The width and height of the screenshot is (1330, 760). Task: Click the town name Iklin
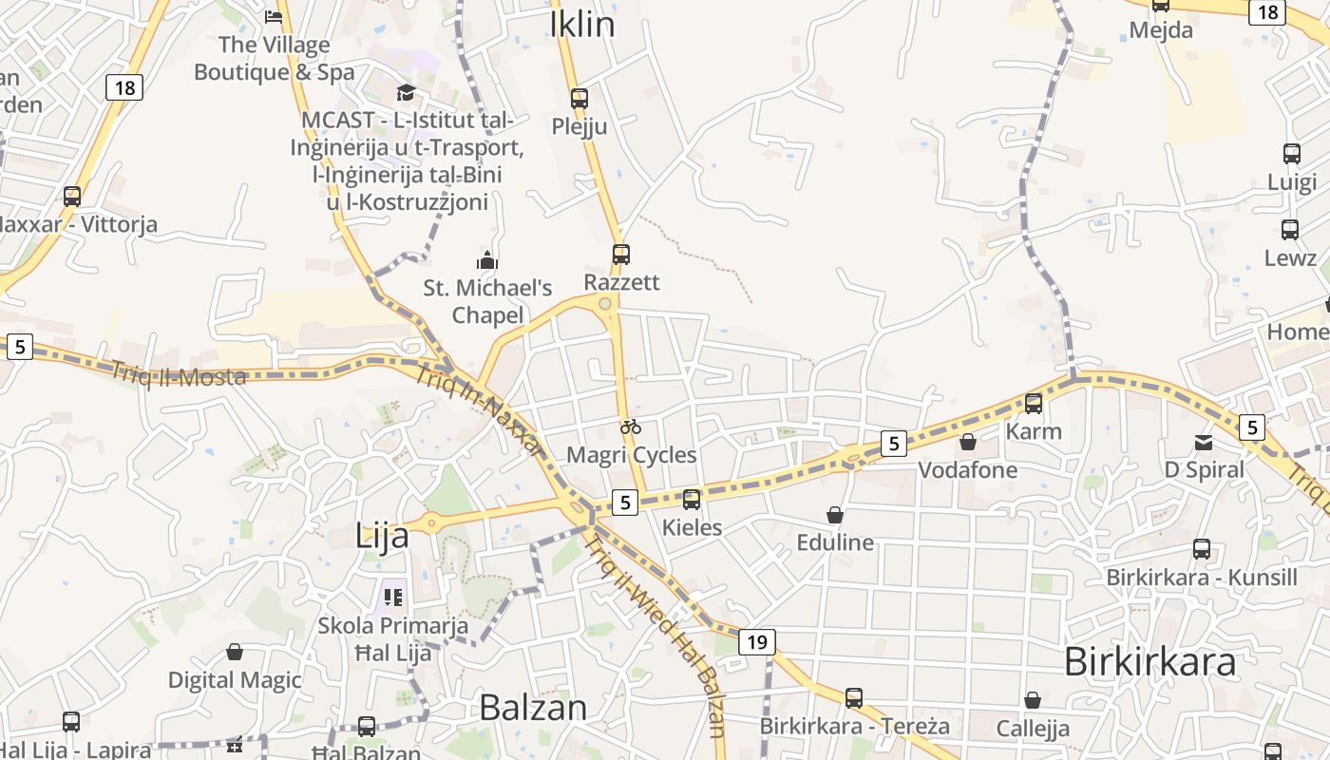(582, 25)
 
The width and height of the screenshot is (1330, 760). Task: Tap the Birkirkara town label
(1149, 661)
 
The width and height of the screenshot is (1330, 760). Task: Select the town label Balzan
(533, 707)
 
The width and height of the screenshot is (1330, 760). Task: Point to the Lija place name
(382, 536)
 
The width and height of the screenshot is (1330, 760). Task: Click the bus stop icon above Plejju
(579, 98)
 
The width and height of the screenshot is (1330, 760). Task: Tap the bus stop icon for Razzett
(620, 254)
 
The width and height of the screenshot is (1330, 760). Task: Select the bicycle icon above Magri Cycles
(631, 427)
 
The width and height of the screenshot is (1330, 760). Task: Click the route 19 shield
(756, 642)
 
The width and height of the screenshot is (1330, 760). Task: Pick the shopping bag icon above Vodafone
(967, 442)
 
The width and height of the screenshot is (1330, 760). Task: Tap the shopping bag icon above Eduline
(834, 515)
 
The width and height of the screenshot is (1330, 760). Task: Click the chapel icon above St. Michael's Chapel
(487, 259)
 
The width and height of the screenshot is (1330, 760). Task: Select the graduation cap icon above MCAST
(406, 92)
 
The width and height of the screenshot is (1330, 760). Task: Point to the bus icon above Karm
(1034, 403)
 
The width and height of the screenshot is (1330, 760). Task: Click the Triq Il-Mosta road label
(179, 373)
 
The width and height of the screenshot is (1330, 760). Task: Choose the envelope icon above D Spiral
(1204, 442)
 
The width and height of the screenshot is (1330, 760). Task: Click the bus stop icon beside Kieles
(692, 499)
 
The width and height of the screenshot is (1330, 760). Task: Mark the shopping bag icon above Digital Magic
(234, 652)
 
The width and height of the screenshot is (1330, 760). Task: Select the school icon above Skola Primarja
(392, 598)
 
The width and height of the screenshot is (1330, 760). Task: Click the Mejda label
(1161, 30)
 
